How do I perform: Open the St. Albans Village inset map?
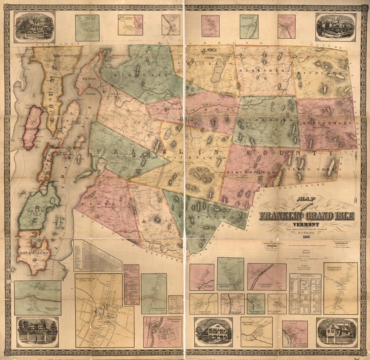[104, 310]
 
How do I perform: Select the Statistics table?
[305, 293]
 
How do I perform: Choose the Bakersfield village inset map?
[340, 288]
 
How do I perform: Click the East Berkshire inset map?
[267, 277]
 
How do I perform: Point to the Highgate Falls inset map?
[38, 298]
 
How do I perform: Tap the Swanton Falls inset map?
[163, 332]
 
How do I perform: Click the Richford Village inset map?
[287, 26]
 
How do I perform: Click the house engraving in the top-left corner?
[34, 27]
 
